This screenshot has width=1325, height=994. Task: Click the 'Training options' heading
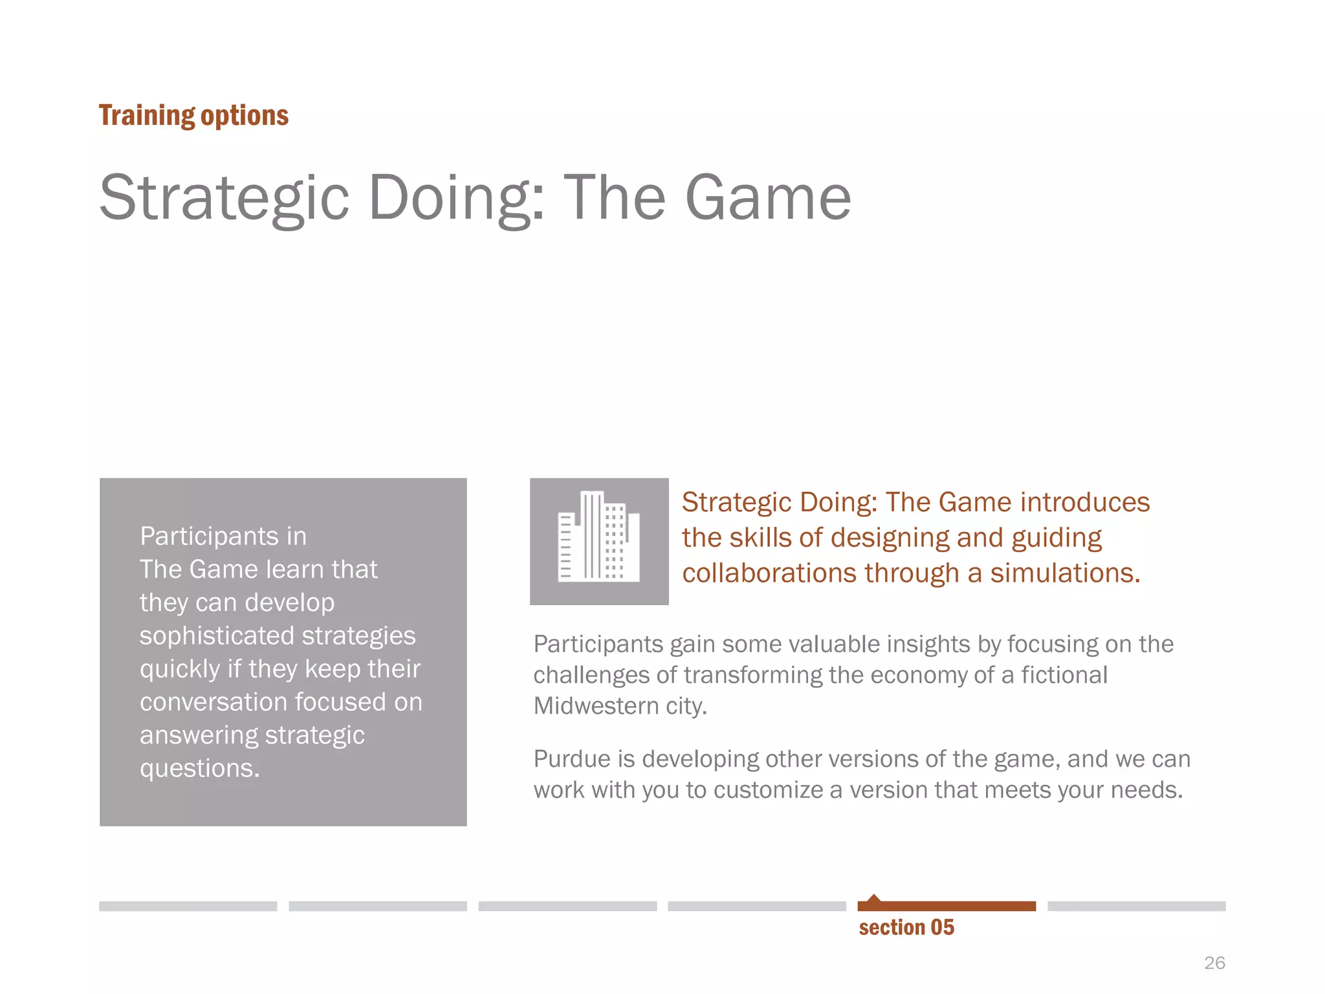point(193,116)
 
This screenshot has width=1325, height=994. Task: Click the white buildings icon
point(599,537)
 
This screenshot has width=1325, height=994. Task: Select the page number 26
point(1214,963)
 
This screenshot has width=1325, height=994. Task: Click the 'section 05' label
point(906,927)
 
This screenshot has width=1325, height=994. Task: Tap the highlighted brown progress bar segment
point(947,906)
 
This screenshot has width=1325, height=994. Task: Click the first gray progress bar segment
point(188,906)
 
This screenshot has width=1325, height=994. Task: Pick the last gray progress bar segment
point(1136,906)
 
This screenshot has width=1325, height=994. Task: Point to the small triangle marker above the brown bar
point(874,898)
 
